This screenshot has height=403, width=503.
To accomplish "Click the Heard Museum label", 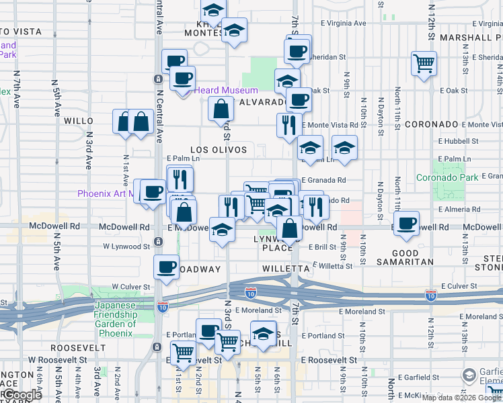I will coord(226,90).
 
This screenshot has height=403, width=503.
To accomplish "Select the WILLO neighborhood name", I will coord(78,121).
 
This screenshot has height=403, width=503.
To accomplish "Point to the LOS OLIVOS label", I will coord(219,149).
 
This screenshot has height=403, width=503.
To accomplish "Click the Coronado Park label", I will coord(447,177).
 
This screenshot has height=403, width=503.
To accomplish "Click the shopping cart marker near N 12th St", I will coord(424,64).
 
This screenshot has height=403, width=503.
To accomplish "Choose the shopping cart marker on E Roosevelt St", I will coord(183,352).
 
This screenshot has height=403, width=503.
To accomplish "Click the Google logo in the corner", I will coord(22,396).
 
